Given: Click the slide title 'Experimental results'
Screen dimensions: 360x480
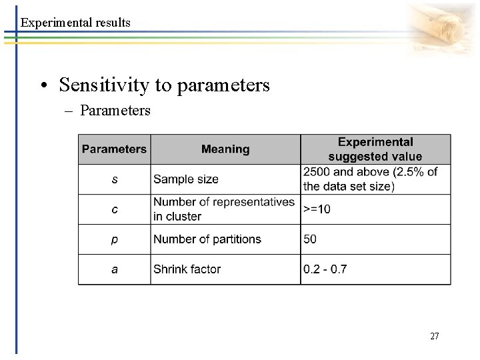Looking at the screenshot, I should [75, 23].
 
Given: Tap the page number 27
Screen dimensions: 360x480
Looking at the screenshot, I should [434, 336].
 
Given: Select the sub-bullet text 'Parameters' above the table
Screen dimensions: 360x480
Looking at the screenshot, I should [115, 110].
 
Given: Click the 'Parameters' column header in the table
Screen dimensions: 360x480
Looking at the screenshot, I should [114, 149].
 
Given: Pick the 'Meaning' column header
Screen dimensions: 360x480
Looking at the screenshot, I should [225, 149].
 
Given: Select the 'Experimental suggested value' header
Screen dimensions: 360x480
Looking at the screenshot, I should [375, 149].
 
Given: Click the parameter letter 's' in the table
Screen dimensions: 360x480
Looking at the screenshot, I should [114, 179].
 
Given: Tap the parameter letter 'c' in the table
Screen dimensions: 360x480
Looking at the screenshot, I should [114, 209].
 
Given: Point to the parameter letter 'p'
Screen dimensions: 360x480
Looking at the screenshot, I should [114, 239].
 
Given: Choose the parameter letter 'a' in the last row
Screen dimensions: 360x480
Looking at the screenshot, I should [114, 269].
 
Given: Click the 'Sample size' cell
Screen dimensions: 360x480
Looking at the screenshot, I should [186, 179].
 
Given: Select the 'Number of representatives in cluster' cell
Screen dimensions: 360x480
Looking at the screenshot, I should [223, 209].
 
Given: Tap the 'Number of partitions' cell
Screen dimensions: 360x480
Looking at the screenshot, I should [207, 239].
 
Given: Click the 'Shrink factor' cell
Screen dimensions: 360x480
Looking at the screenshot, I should [187, 269].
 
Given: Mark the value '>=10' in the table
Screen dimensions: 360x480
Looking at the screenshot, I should [317, 209].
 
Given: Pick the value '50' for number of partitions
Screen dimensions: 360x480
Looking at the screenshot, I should [310, 239].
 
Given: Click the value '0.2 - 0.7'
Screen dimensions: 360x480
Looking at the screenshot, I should [325, 269].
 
